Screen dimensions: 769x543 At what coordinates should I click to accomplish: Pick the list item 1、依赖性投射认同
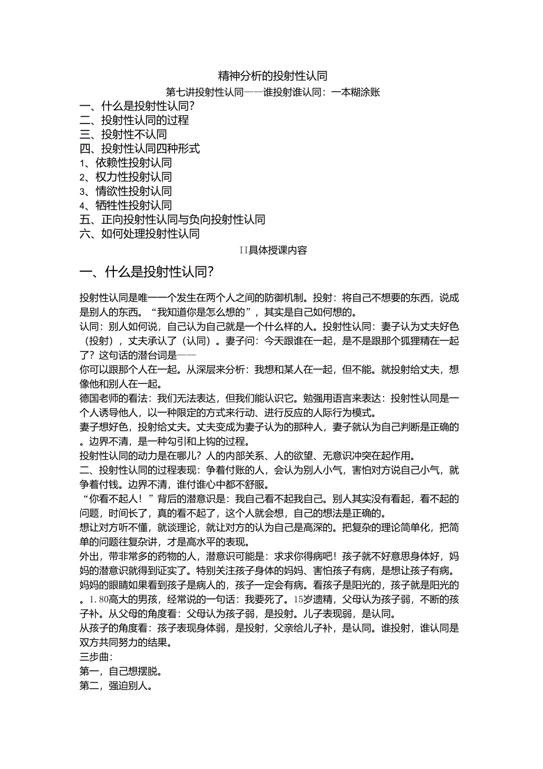[x=126, y=163]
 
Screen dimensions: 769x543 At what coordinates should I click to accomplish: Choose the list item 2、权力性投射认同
[x=126, y=177]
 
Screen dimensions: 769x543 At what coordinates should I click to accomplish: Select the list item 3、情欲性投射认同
[x=126, y=191]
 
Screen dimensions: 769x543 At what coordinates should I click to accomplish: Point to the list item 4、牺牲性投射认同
[x=126, y=206]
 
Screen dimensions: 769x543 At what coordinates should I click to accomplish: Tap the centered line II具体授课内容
[x=273, y=250]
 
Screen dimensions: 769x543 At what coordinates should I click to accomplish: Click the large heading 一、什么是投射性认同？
[x=146, y=272]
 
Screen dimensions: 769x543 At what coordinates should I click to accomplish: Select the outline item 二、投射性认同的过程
[x=135, y=120]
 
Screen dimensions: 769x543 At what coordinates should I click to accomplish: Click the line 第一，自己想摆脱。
[x=121, y=672]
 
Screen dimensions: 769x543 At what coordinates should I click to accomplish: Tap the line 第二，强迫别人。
[x=116, y=686]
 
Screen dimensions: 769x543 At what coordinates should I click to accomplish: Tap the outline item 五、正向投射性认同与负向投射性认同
[x=172, y=220]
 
